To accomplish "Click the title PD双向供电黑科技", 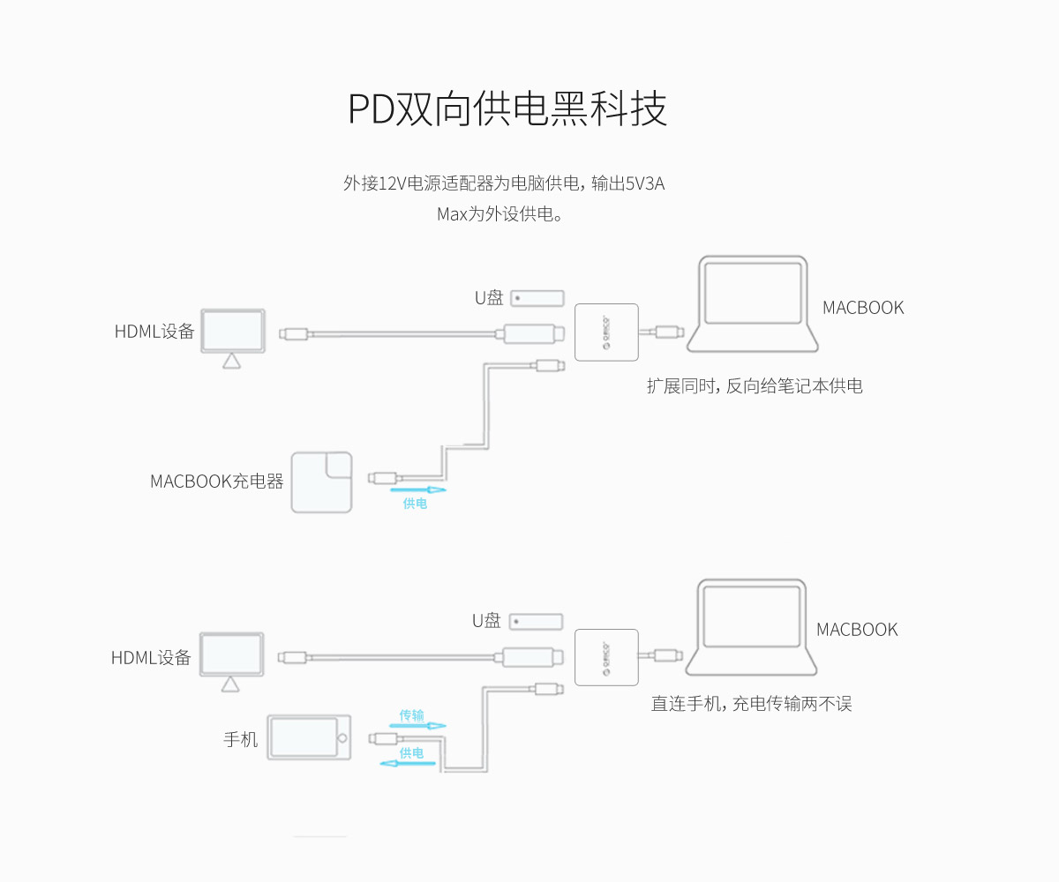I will pos(507,108).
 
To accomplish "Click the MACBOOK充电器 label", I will pos(216,482).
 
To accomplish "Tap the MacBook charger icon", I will pos(322,482).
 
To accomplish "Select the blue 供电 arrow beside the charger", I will pos(417,490).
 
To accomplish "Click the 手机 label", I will pos(240,739).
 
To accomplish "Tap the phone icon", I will pos(309,737).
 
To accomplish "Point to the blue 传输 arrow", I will pos(412,725).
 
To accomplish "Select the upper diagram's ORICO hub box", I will pos(606,333).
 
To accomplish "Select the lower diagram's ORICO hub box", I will pos(606,657).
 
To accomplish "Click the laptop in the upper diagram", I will pos(753,304).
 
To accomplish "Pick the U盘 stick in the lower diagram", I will pos(537,622).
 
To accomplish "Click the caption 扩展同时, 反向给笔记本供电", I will pos(755,385).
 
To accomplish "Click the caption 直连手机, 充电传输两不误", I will pos(751,704).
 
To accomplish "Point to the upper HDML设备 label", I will pos(154,332).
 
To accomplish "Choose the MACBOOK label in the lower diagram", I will pos(856,630).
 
